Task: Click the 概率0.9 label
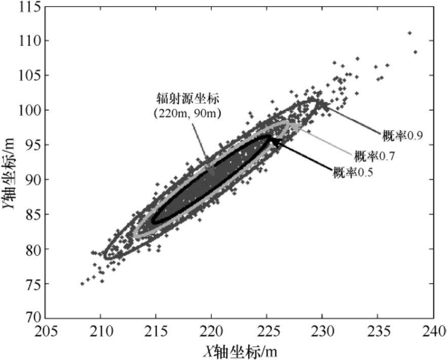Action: coord(402,135)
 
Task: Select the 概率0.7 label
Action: coord(374,155)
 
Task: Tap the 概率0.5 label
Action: coord(353,173)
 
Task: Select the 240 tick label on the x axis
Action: coord(434,332)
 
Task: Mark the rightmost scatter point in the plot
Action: coord(415,52)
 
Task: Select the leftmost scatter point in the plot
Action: coord(82,284)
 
